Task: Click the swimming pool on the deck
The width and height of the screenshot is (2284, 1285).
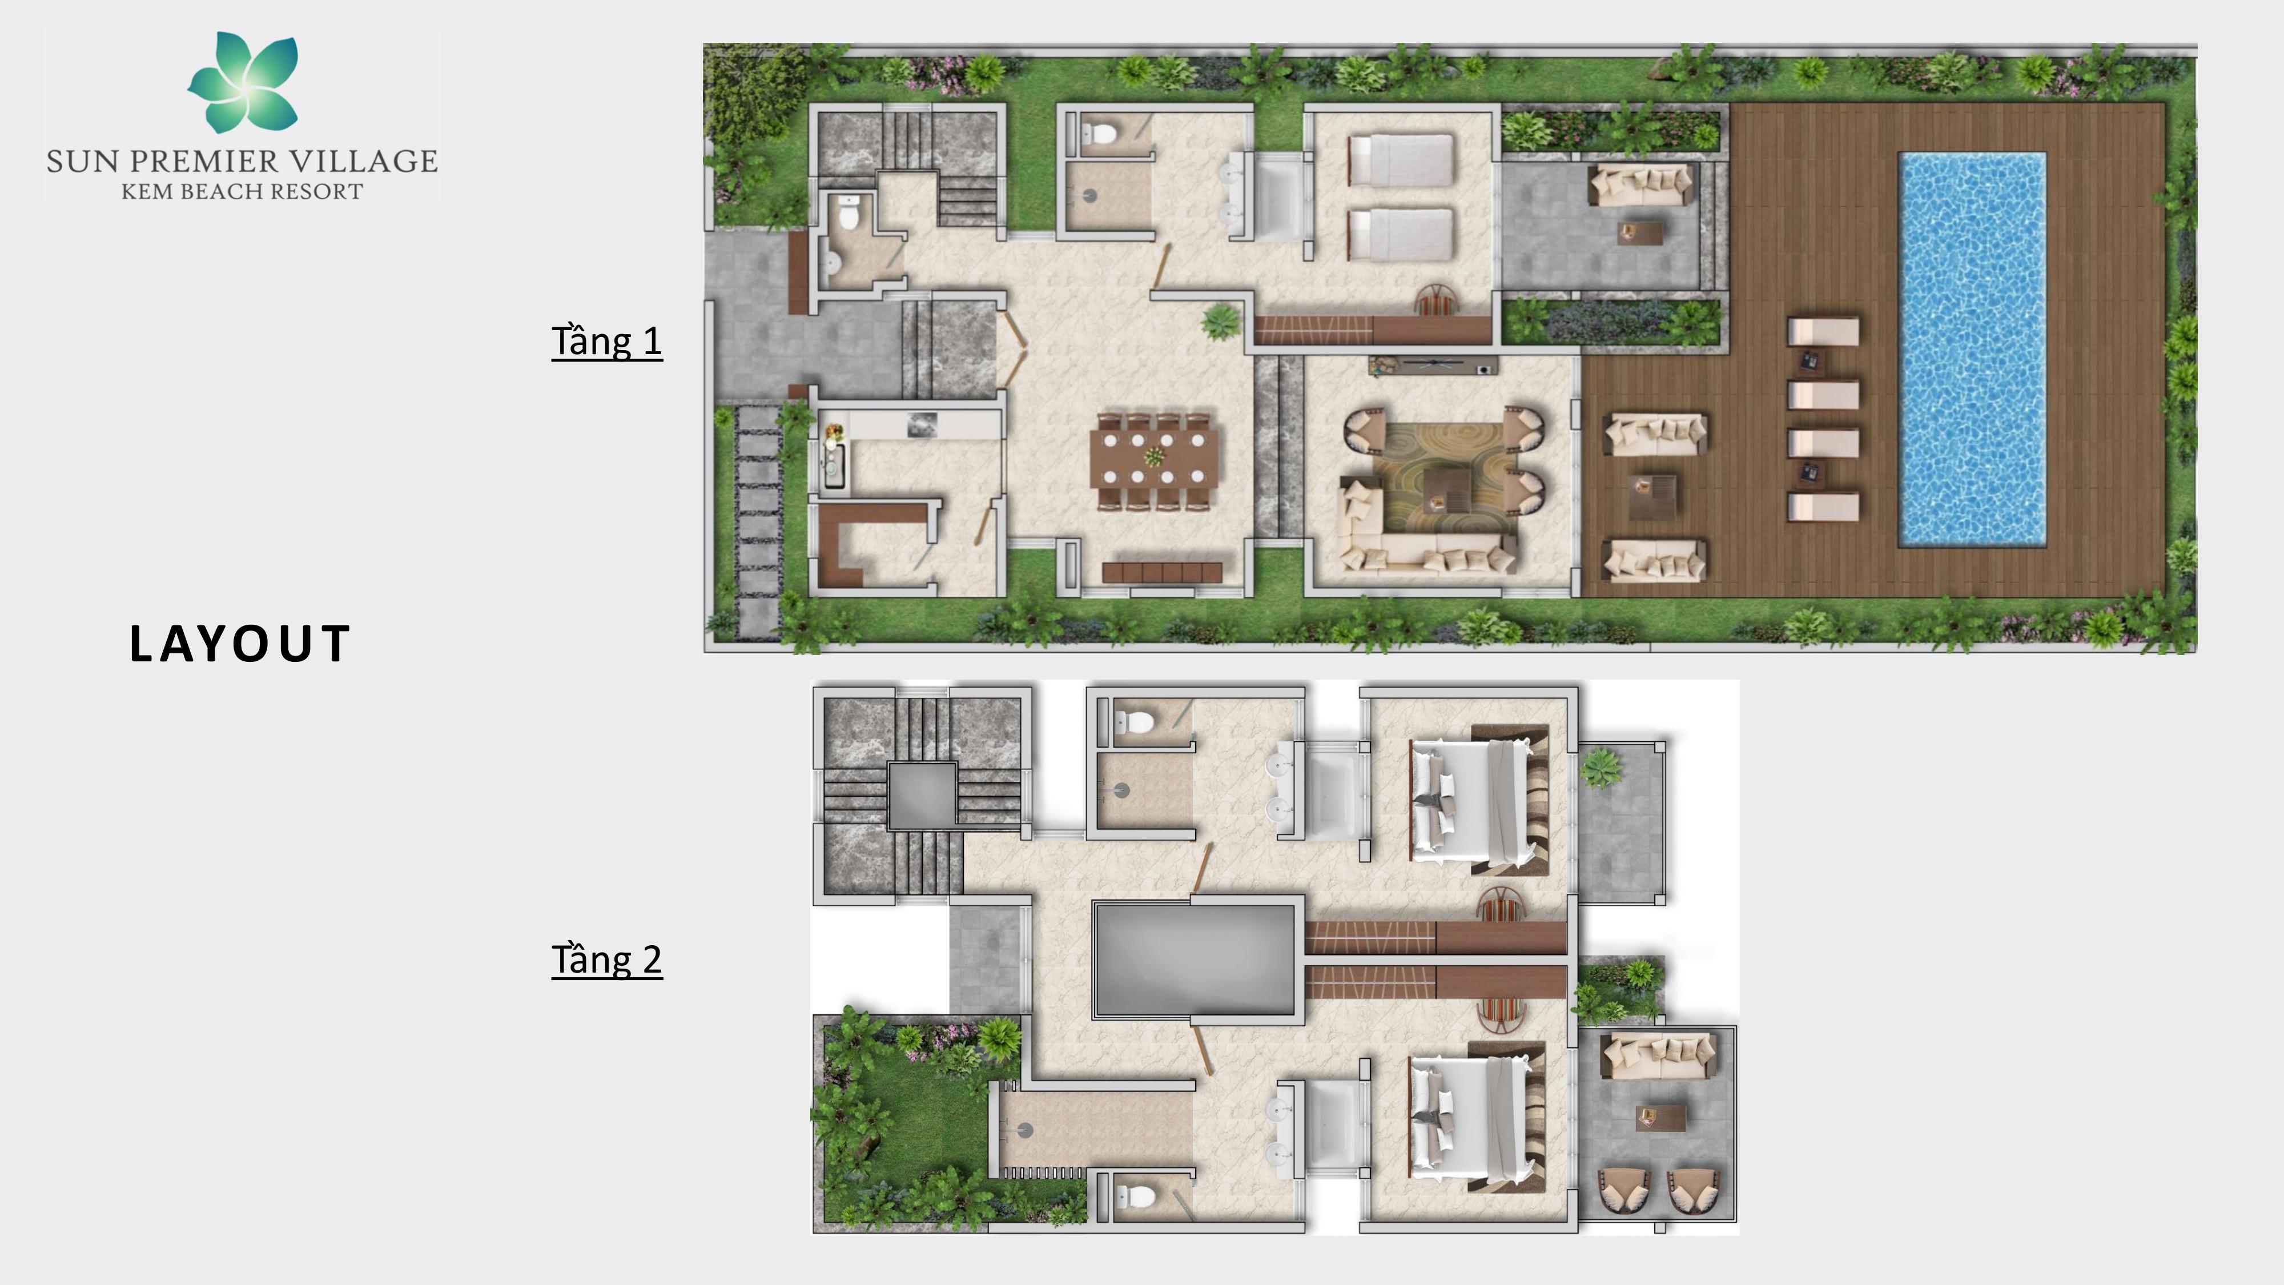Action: [1972, 348]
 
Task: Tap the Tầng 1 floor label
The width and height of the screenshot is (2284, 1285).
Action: [606, 342]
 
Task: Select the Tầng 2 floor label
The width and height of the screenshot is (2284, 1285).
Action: [606, 959]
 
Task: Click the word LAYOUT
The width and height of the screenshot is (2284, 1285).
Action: [239, 644]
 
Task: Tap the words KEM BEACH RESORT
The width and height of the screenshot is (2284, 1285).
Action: [242, 191]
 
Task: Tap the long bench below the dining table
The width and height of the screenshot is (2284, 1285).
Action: [1161, 572]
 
